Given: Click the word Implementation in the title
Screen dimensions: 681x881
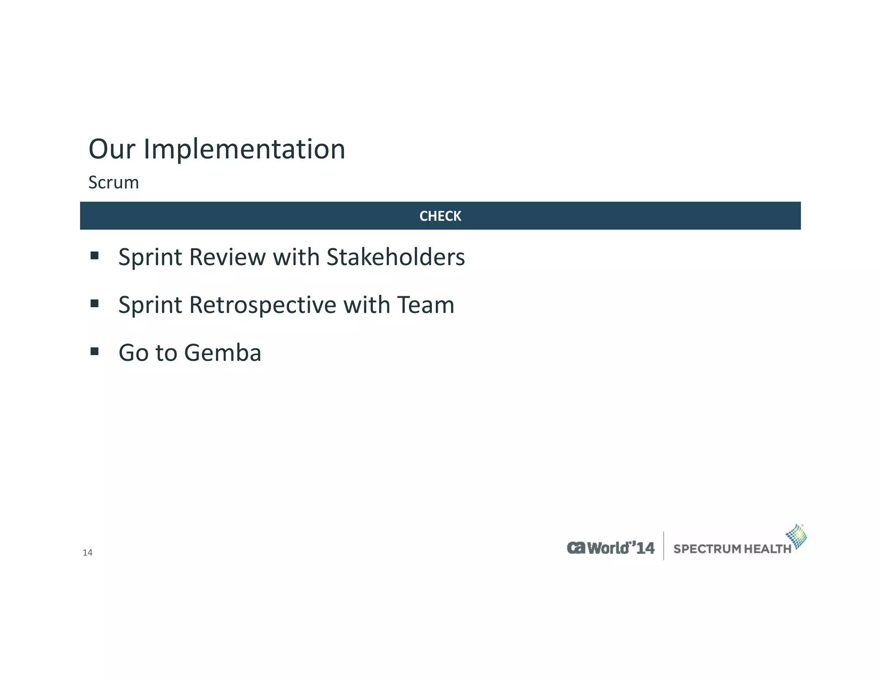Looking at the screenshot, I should click(244, 149).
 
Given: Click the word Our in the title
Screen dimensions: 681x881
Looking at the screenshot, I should click(112, 149).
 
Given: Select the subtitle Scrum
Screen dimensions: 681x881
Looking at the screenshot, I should click(114, 183).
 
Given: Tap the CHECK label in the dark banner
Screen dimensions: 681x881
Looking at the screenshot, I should click(440, 216).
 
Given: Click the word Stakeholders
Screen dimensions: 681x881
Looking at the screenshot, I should click(395, 257).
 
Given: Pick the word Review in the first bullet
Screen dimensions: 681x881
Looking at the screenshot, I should click(227, 257).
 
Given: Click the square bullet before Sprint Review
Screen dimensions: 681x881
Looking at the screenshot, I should click(95, 256).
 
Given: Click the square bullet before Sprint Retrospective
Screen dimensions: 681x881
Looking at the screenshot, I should click(95, 304).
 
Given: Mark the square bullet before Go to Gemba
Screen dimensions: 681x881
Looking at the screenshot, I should click(95, 352).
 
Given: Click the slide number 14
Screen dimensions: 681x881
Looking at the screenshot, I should click(87, 553).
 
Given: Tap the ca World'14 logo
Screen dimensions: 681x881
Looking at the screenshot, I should click(610, 548).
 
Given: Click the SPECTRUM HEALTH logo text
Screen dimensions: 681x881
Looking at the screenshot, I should click(732, 549).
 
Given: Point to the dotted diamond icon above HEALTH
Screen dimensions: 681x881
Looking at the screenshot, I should click(797, 536).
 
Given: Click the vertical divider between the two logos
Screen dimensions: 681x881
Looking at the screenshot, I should click(664, 546).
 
